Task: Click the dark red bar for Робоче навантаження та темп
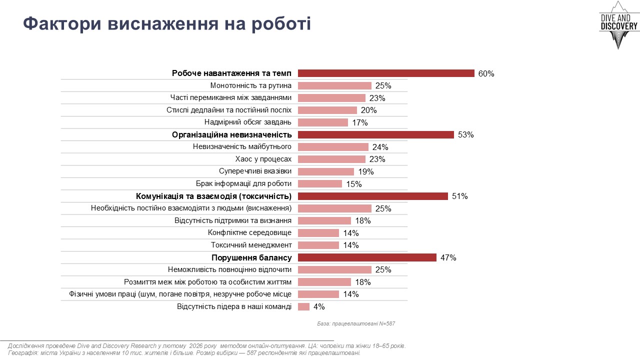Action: pos(386,73)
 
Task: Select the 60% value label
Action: pos(486,73)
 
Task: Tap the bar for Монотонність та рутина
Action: pos(334,86)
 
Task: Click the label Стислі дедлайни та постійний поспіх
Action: pos(229,110)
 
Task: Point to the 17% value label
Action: pos(360,122)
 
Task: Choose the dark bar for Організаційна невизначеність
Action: pos(375,135)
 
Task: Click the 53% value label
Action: pos(465,135)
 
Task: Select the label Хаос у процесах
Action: pos(263,159)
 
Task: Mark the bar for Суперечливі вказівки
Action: pos(325,171)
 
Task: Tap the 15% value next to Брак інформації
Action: pos(353,184)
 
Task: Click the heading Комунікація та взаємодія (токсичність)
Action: pos(213,196)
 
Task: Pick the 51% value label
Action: pos(459,196)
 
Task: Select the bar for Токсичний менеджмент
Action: pos(318,245)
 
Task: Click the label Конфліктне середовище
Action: pos(249,233)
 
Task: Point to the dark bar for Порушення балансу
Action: pos(367,257)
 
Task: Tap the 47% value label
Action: pos(448,258)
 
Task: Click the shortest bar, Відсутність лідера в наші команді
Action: pos(303,306)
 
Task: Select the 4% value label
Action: pos(319,307)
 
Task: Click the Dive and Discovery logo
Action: pos(618,25)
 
